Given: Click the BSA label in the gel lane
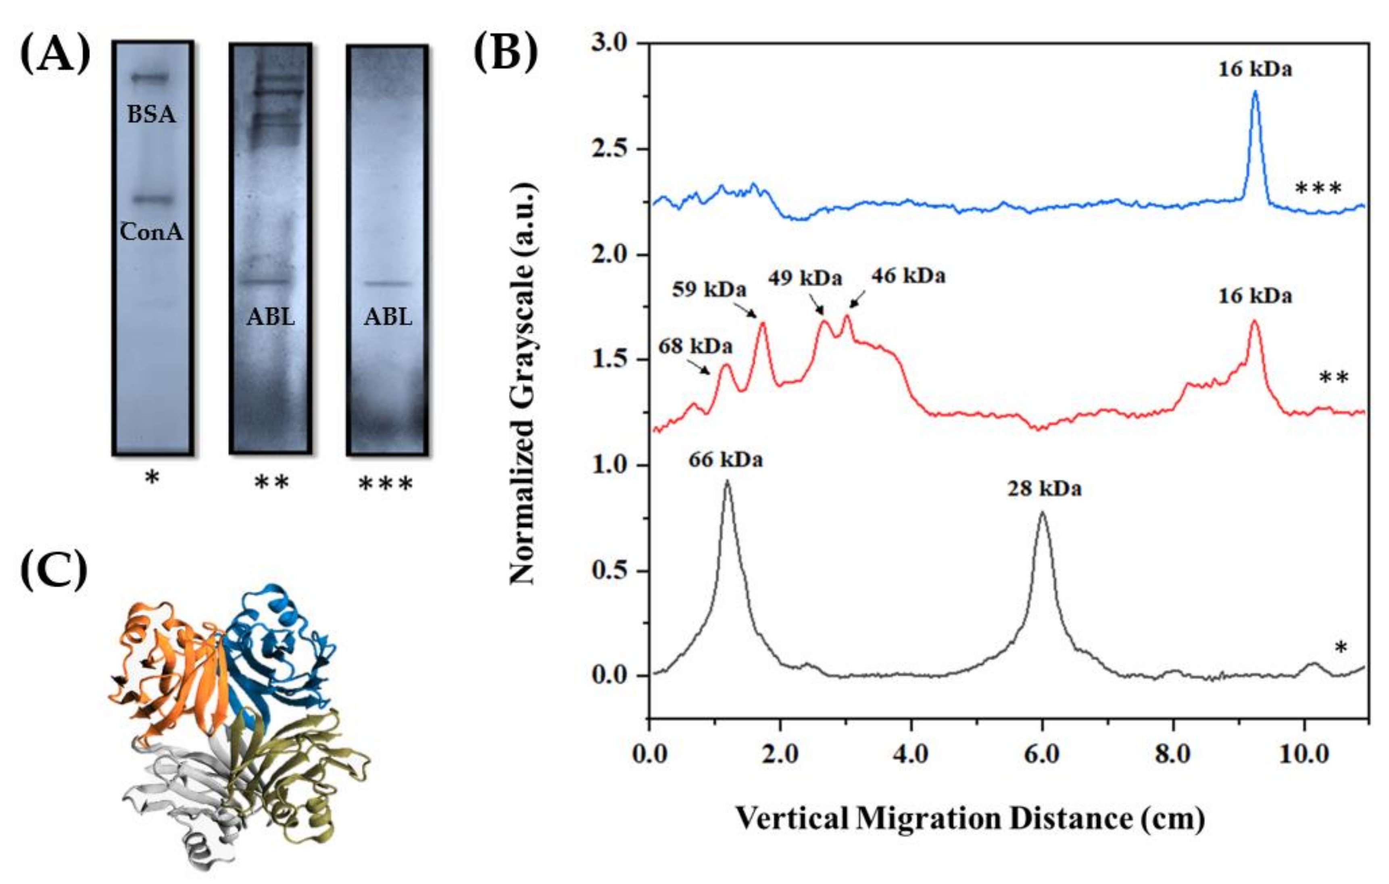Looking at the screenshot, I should (x=151, y=114).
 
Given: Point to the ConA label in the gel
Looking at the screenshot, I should (x=151, y=232).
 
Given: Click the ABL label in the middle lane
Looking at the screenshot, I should (x=271, y=317).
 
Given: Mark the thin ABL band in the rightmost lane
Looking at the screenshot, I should (x=389, y=283).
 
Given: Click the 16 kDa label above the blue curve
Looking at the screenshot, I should (x=1255, y=69).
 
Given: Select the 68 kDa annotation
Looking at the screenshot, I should (x=695, y=346).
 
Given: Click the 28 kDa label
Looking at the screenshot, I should (x=1044, y=489).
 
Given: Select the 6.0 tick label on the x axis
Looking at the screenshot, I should (x=1042, y=754).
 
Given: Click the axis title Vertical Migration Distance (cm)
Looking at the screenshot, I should (x=969, y=818).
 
